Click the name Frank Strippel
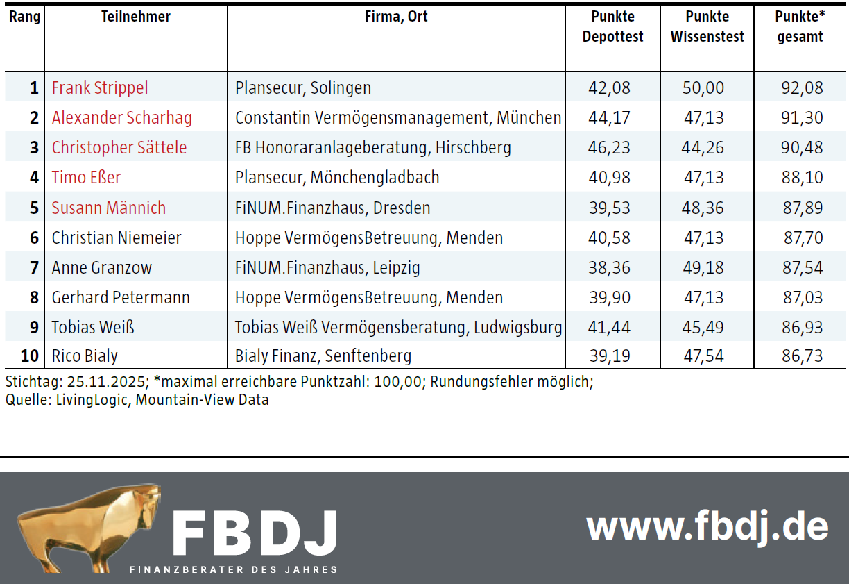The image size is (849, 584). (100, 88)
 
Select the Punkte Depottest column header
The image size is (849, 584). (612, 26)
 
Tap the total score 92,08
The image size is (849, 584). (803, 88)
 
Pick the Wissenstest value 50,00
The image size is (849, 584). (703, 88)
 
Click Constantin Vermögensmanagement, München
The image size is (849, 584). (397, 118)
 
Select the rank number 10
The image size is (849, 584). (29, 356)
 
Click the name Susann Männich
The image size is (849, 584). (109, 208)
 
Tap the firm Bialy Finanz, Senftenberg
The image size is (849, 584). (323, 356)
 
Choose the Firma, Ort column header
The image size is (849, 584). (396, 17)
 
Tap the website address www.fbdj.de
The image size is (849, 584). (707, 527)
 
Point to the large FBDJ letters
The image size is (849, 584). (255, 533)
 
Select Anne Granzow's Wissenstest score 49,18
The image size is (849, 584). (703, 267)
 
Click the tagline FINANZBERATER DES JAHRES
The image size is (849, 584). (234, 569)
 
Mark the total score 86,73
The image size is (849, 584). (803, 356)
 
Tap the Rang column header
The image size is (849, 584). (24, 17)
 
